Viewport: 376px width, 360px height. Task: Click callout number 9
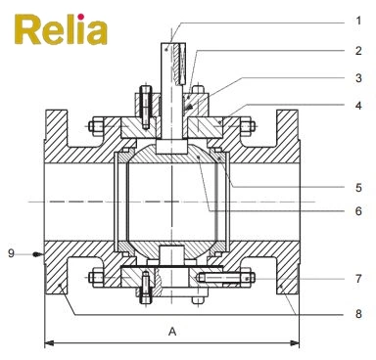click(x=13, y=253)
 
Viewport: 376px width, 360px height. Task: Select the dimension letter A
click(x=172, y=332)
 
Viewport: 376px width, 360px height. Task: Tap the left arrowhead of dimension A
click(x=50, y=341)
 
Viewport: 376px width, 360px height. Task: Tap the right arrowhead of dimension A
click(x=297, y=341)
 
